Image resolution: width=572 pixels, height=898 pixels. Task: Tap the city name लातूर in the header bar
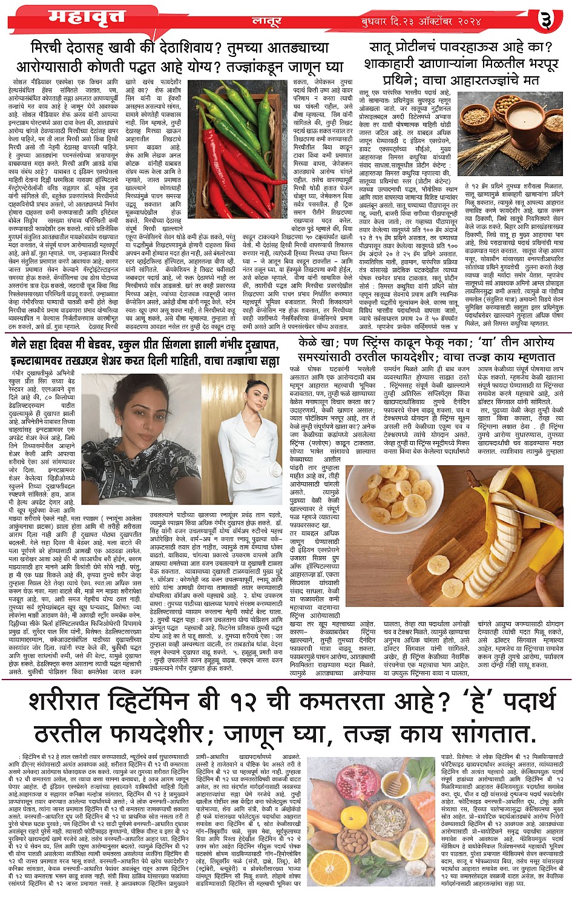[266, 21]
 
